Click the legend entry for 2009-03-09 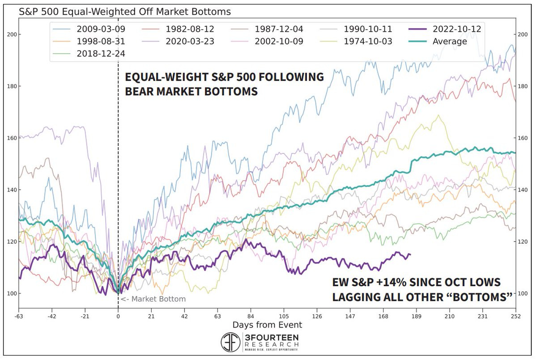[96, 30]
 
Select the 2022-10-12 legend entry [452, 30]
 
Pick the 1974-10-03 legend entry [362, 42]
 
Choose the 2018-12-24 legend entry [96, 53]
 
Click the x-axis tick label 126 [316, 316]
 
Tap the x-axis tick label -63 [19, 316]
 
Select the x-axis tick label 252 [516, 316]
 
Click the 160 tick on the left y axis [12, 138]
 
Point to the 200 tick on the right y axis [522, 34]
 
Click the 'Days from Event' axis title [267, 325]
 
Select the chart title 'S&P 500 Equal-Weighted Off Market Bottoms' [125, 12]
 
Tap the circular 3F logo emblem [231, 342]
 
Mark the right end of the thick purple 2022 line [410, 254]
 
